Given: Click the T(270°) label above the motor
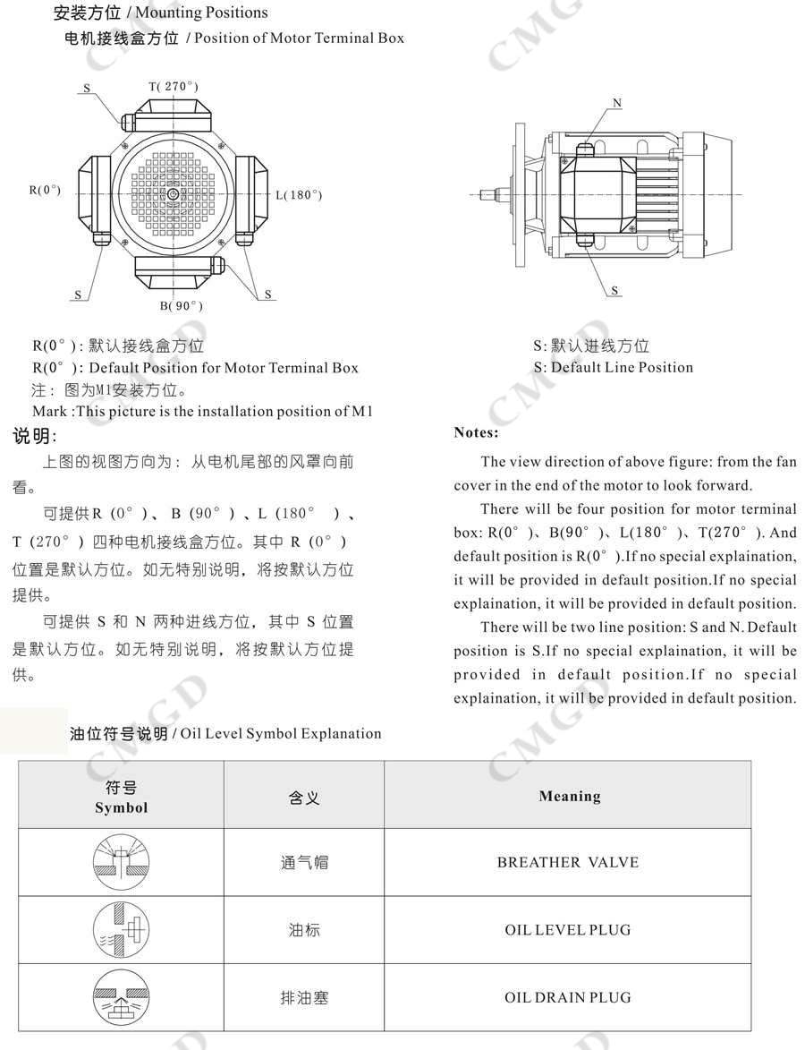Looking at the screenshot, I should coord(174,86).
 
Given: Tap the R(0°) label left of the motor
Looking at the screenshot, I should coord(46,190).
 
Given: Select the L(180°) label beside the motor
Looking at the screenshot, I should coord(299,195).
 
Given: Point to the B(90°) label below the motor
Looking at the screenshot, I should coord(182,306).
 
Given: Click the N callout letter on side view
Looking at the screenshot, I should coord(617,103).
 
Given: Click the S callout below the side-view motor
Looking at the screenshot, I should coord(615,290).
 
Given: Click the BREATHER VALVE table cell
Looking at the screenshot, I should coord(568,863).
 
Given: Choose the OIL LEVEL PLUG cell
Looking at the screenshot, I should coord(568,930).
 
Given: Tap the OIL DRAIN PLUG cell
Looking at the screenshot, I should coord(568,997).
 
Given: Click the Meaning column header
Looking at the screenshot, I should coord(570,796).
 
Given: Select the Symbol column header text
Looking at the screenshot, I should coord(122,807).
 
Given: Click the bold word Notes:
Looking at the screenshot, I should coord(476,432).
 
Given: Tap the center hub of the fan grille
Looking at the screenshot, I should coord(172,194).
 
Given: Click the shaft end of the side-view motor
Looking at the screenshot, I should coord(487,194).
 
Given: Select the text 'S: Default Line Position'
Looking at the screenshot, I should coord(613,367).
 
